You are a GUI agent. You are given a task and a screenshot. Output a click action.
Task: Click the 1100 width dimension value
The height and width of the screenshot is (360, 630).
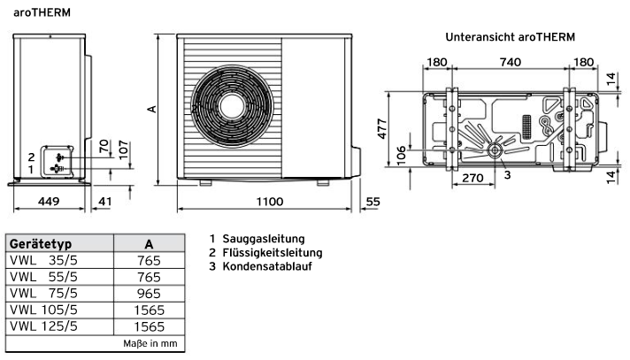pyautogui.click(x=265, y=203)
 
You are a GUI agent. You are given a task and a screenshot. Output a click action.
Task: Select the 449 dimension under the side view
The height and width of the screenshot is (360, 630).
pyautogui.click(x=48, y=203)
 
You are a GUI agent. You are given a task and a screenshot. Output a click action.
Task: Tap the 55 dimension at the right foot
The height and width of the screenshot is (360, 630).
pyautogui.click(x=373, y=203)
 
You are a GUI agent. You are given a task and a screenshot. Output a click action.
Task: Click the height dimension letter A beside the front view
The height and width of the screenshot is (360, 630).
pyautogui.click(x=151, y=109)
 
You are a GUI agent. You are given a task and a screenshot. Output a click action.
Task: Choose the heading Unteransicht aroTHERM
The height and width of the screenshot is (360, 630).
pyautogui.click(x=510, y=38)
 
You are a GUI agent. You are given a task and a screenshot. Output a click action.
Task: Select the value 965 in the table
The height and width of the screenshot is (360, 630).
pyautogui.click(x=149, y=294)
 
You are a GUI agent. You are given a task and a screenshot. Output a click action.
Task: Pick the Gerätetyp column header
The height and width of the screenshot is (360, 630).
pyautogui.click(x=41, y=243)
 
